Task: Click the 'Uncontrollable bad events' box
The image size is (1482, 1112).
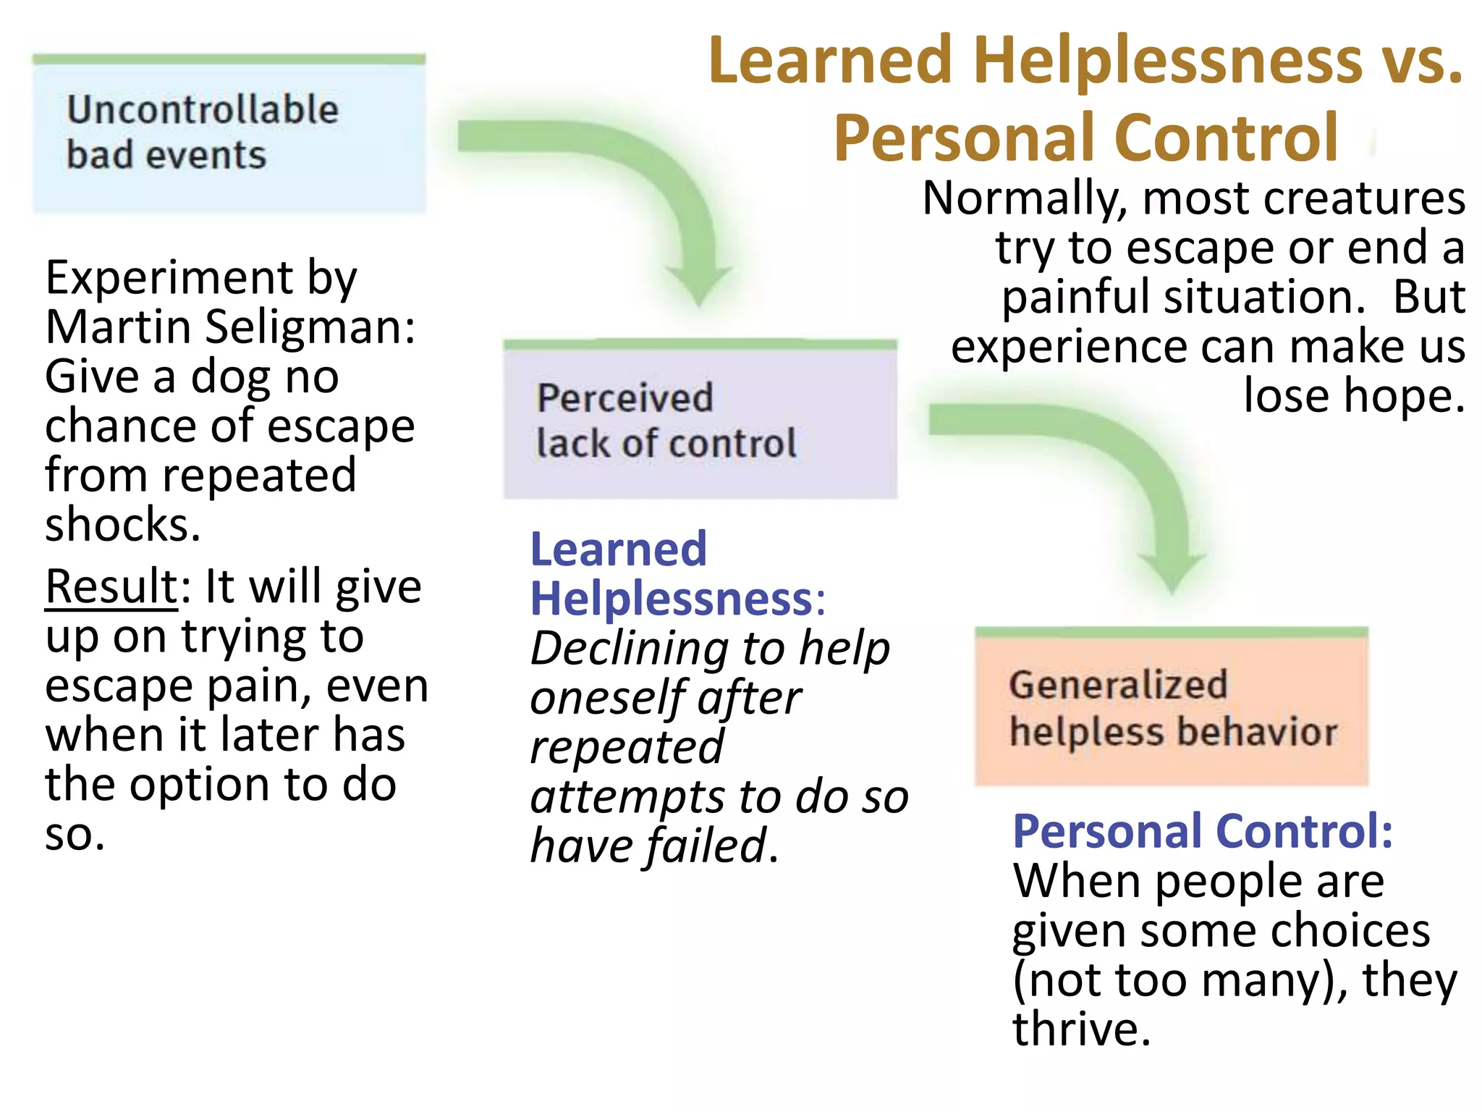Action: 229,134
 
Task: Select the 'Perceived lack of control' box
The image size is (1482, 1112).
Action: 700,420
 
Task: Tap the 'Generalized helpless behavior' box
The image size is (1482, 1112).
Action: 1172,707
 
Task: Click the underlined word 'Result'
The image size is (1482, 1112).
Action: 111,586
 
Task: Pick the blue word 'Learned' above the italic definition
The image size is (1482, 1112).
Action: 619,549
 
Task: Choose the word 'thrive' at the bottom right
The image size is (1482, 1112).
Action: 1080,1029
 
